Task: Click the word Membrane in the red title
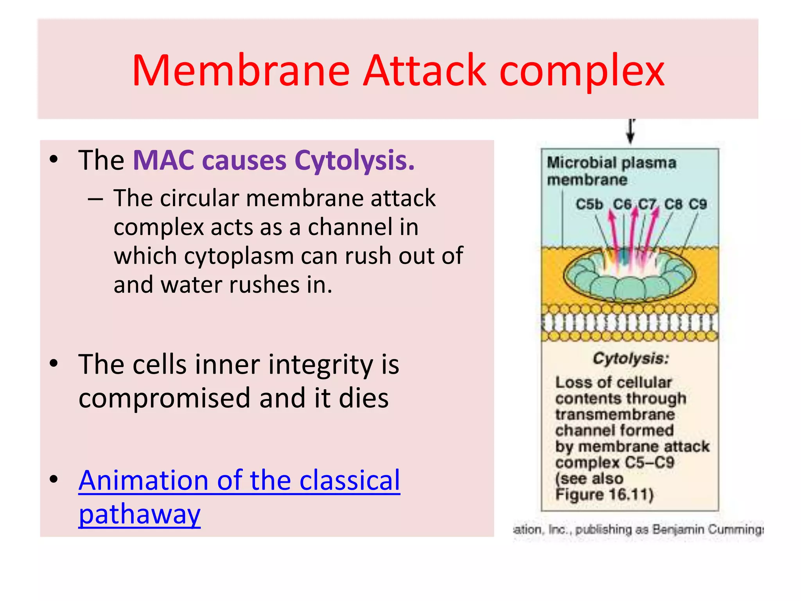(241, 70)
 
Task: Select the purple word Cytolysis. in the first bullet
(354, 161)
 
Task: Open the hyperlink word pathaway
(140, 515)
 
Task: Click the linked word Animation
(143, 480)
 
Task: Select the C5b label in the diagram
(589, 204)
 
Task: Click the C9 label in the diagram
(698, 204)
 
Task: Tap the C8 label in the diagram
(673, 204)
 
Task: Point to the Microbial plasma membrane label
(611, 171)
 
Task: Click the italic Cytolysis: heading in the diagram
(631, 358)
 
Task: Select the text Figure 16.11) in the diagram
(604, 495)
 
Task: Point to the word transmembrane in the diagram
(615, 414)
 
